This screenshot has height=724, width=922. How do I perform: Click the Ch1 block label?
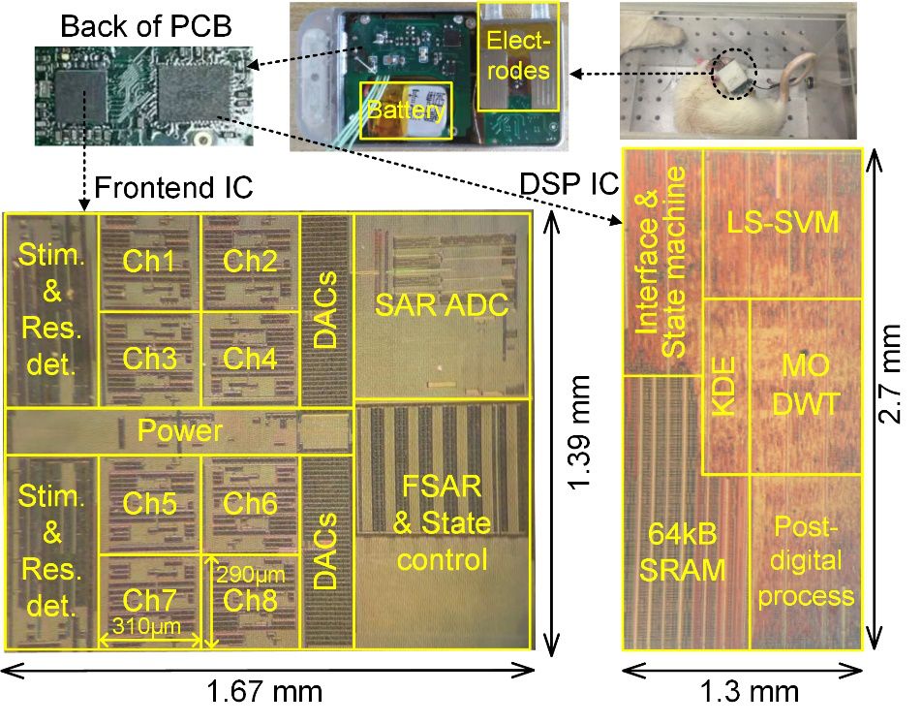click(149, 261)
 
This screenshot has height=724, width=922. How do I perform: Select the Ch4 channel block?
click(250, 359)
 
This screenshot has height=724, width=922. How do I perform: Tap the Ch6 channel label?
click(250, 503)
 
